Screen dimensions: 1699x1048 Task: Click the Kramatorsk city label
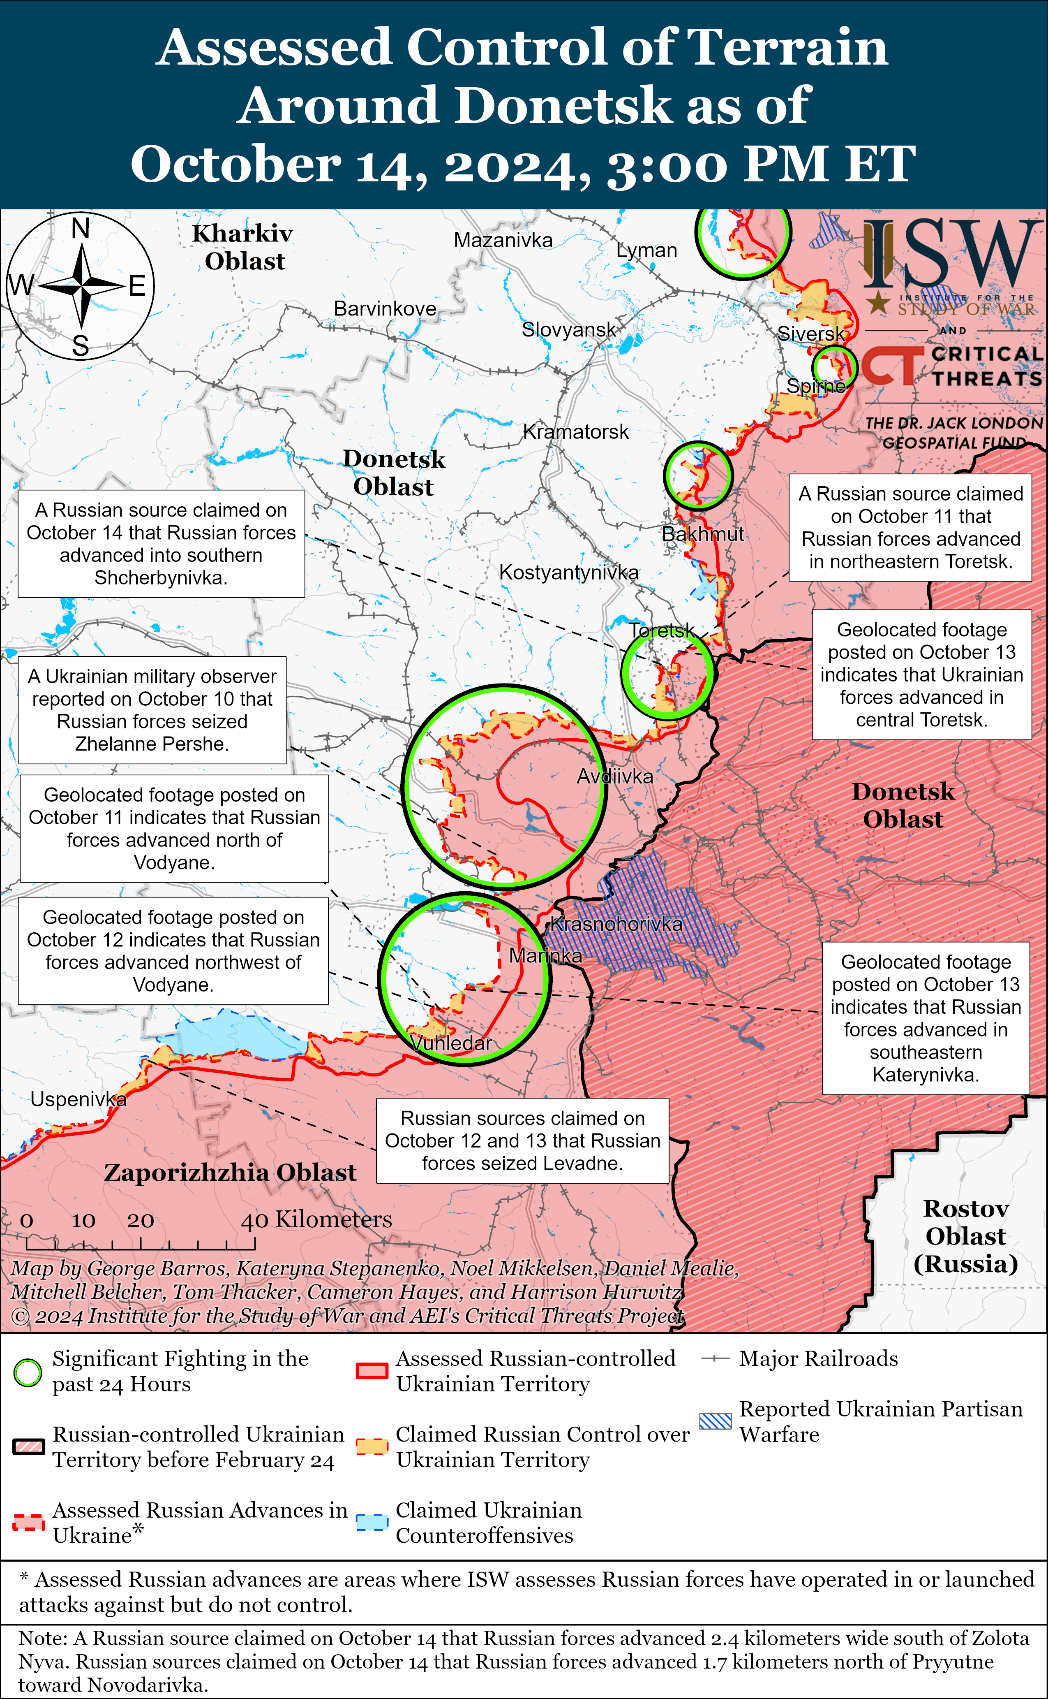pos(575,432)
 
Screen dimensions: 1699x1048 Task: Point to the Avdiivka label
pos(615,776)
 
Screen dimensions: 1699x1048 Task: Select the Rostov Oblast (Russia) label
pos(965,1236)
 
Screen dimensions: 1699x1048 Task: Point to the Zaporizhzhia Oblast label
pos(230,1173)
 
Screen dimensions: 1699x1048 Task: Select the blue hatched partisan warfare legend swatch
pos(715,1422)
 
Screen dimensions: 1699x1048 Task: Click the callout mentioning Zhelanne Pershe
pos(152,710)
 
